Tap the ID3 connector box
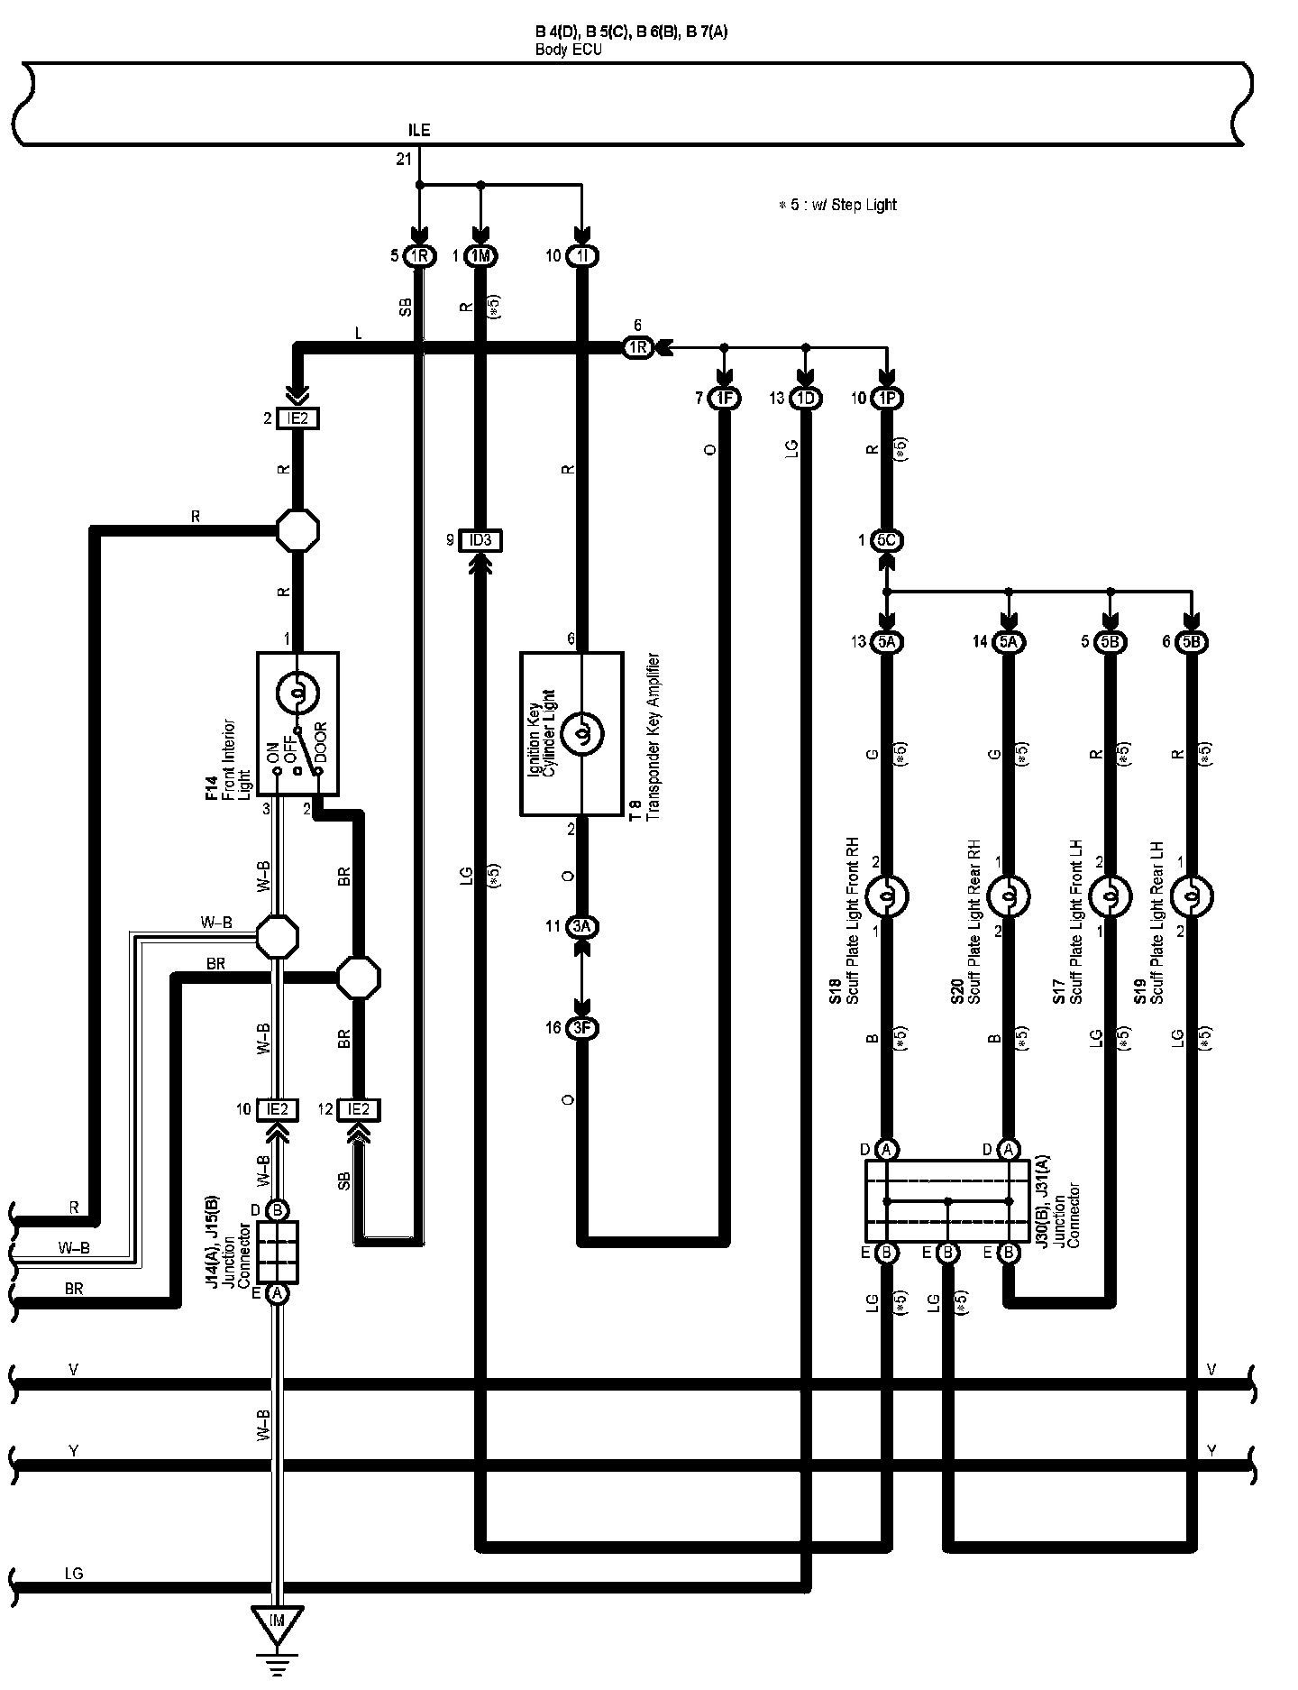(x=480, y=540)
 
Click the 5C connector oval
(x=887, y=540)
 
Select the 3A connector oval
(x=581, y=926)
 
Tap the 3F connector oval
(x=581, y=1028)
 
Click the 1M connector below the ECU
(x=480, y=256)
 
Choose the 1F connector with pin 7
(x=724, y=398)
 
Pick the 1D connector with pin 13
(x=805, y=398)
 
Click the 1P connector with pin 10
(x=887, y=398)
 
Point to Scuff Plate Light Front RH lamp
(x=887, y=896)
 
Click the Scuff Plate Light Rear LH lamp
(x=1192, y=896)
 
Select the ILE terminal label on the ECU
(x=419, y=131)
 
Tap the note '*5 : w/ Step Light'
(x=837, y=205)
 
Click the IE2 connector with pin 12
(x=358, y=1109)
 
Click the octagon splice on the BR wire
(x=358, y=977)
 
